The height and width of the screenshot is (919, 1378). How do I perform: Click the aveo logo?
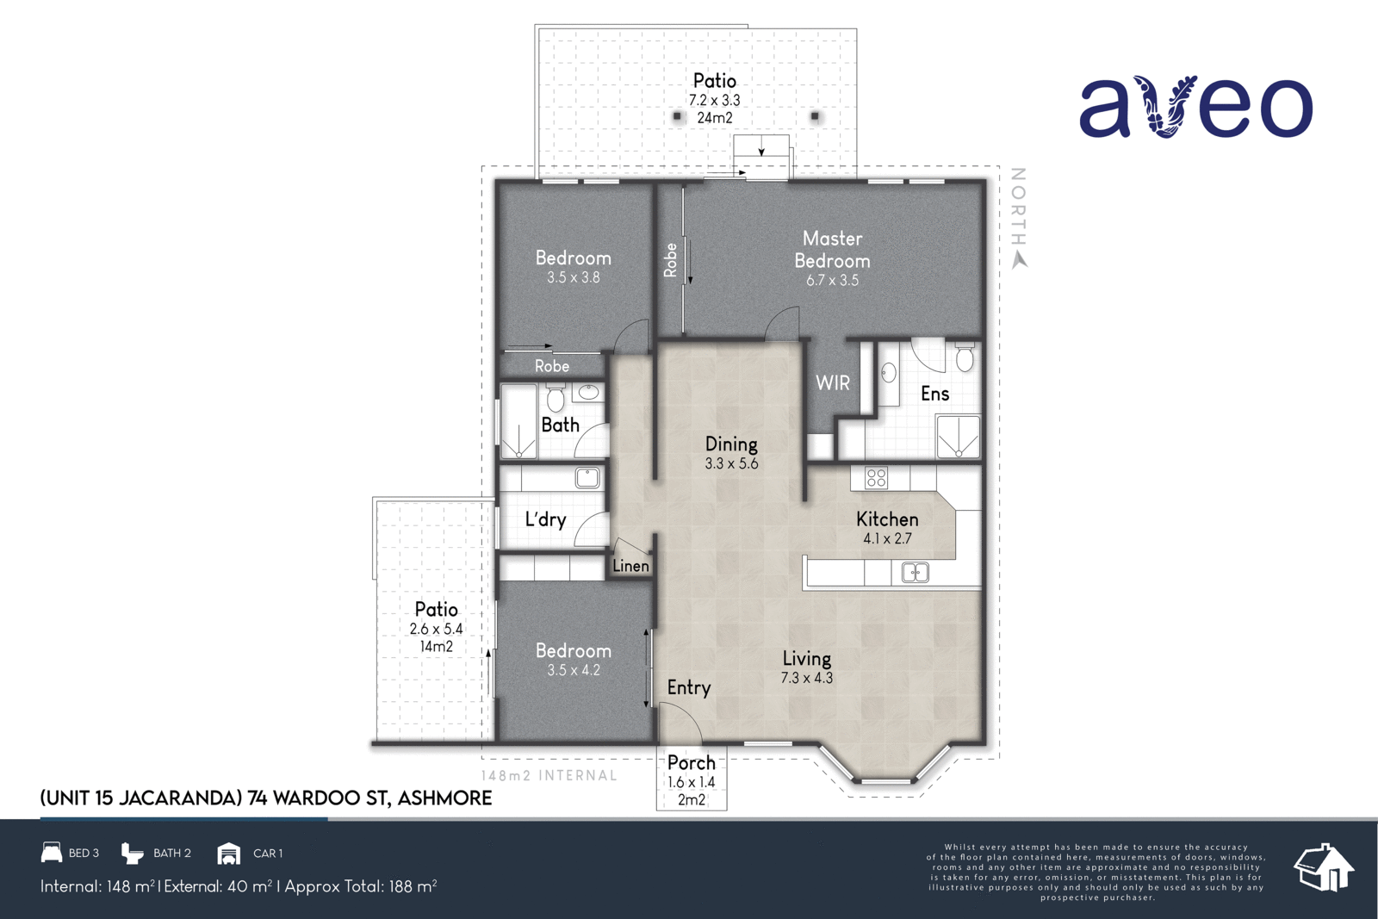[1195, 108]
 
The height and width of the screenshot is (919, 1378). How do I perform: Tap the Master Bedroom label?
[832, 250]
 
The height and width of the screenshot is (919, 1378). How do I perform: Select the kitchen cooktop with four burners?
[876, 478]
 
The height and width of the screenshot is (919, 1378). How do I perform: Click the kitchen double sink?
[915, 573]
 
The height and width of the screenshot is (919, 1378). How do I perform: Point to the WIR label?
[832, 383]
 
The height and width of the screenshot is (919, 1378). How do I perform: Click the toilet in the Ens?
[965, 357]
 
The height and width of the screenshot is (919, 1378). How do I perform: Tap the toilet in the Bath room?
[556, 399]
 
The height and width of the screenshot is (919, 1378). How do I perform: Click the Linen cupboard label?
[630, 566]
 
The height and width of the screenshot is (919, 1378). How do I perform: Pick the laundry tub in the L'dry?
[587, 477]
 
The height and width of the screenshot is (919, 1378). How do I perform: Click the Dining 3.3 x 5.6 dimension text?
[731, 463]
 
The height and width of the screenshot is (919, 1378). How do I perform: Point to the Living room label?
[806, 659]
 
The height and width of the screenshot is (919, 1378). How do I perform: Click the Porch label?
[691, 763]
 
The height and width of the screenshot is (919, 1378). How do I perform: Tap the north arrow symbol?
[1020, 259]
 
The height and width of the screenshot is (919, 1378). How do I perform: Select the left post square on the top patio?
[677, 115]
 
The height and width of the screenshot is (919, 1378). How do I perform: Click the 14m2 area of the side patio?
[436, 647]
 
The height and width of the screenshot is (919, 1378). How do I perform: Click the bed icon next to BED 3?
[52, 853]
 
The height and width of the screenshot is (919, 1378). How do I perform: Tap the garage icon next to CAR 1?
[228, 853]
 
